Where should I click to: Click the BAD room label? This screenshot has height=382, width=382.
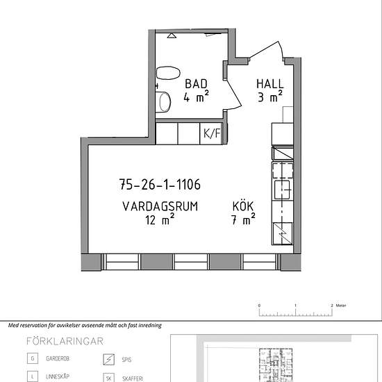click(x=196, y=84)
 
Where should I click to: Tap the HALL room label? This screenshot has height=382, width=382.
click(x=270, y=84)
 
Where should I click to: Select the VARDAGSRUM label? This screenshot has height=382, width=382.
click(x=160, y=206)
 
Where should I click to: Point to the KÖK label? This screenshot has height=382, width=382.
click(x=243, y=206)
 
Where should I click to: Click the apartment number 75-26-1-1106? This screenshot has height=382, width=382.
click(x=160, y=184)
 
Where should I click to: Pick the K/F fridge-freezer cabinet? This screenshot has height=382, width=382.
click(x=211, y=133)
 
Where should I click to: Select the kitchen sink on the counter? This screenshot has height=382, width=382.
click(x=283, y=190)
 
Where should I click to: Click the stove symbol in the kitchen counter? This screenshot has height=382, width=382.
click(x=282, y=233)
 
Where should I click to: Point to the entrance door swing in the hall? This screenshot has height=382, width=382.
click(x=266, y=51)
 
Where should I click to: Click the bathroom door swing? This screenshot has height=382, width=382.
click(x=234, y=94)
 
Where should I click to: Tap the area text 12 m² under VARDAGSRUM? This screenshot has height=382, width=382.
click(x=160, y=219)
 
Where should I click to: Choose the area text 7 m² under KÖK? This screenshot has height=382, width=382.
click(x=243, y=219)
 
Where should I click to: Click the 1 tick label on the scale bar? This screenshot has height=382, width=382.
click(x=295, y=306)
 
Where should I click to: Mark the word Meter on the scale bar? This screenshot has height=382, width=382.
click(x=341, y=306)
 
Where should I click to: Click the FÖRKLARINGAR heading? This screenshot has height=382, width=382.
click(x=65, y=341)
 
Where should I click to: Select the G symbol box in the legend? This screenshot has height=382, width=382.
click(x=33, y=358)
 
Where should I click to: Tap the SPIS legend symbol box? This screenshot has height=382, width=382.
click(x=108, y=359)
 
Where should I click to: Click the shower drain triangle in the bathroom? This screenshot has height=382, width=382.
click(x=172, y=35)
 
